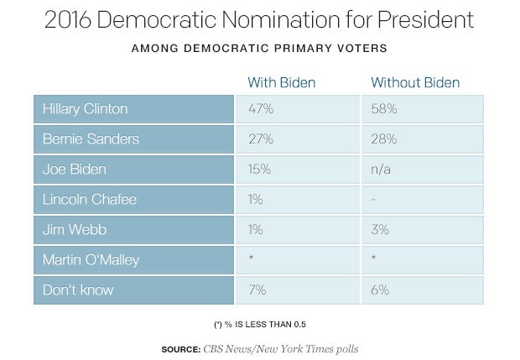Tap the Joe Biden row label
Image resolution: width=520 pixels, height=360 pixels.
click(x=75, y=170)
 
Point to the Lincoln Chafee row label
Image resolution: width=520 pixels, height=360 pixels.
click(x=89, y=199)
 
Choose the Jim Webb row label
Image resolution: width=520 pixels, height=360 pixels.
click(x=75, y=229)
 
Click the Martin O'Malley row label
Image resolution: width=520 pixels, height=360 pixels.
click(x=92, y=259)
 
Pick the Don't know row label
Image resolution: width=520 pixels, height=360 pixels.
click(x=78, y=290)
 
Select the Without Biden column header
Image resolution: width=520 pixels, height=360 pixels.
click(x=415, y=82)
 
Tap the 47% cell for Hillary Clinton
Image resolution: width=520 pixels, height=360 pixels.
click(x=260, y=109)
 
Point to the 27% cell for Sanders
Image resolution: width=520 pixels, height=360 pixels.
click(x=260, y=139)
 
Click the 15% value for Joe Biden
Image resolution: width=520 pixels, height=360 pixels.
click(x=259, y=170)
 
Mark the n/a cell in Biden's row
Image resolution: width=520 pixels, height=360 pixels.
click(x=382, y=170)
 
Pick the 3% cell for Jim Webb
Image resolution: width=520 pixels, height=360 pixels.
click(x=380, y=229)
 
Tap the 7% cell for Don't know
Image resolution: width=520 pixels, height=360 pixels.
click(x=257, y=290)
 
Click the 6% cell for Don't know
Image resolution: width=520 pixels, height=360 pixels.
click(x=380, y=290)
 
